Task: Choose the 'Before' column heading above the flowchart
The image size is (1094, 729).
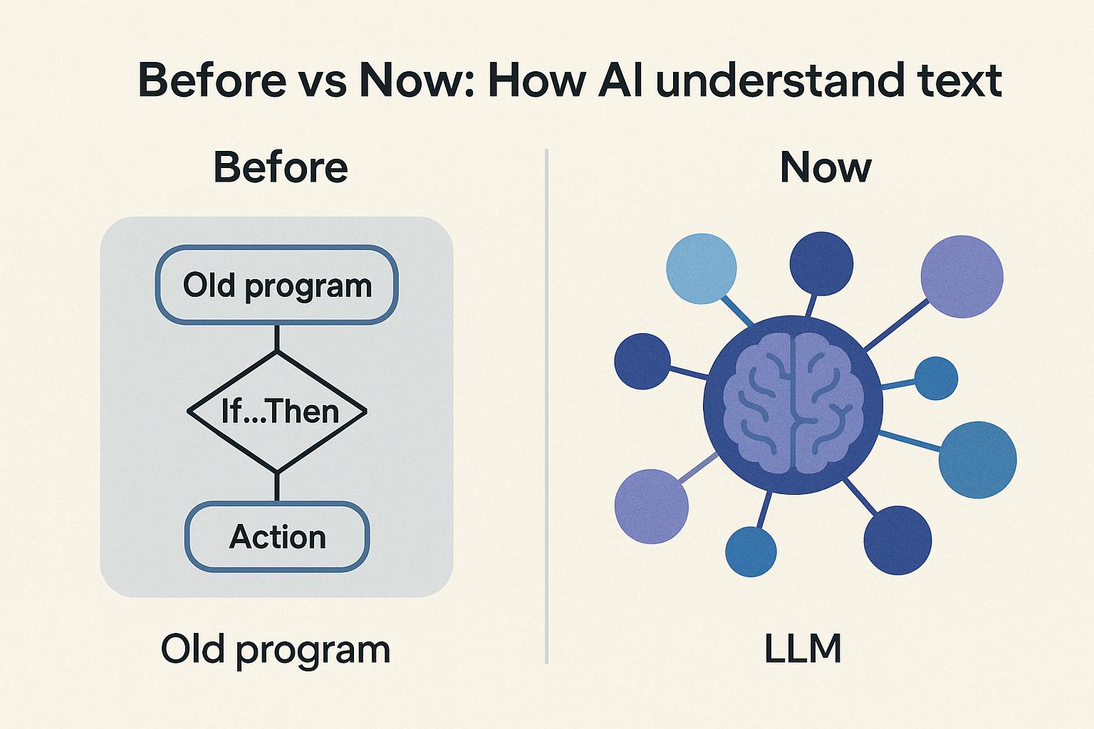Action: (281, 167)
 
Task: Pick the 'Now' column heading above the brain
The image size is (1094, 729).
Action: (826, 167)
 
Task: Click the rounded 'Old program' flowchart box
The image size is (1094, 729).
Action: (277, 285)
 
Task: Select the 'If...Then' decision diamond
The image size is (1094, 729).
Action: (277, 411)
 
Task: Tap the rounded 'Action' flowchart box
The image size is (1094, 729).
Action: (277, 537)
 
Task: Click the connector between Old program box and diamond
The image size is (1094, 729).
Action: (277, 338)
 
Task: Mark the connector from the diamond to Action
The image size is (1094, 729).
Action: (277, 487)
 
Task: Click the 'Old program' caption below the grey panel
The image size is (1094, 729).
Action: (276, 650)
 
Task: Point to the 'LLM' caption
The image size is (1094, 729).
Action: (803, 649)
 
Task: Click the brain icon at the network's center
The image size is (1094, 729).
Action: (793, 404)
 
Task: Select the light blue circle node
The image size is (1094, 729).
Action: (702, 268)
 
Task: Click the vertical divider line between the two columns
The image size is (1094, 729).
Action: (546, 407)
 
